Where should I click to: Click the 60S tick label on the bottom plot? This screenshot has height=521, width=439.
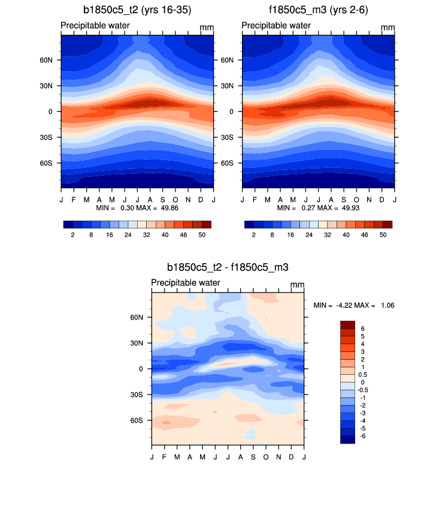click(x=137, y=420)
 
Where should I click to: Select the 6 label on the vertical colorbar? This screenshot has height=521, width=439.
click(x=362, y=329)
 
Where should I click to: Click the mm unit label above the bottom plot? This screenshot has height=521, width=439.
click(x=298, y=284)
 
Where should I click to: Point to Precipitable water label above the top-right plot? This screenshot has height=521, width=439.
click(x=276, y=26)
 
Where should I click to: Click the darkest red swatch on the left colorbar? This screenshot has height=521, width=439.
click(x=207, y=224)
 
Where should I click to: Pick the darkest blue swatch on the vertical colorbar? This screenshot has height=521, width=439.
click(x=348, y=439)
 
